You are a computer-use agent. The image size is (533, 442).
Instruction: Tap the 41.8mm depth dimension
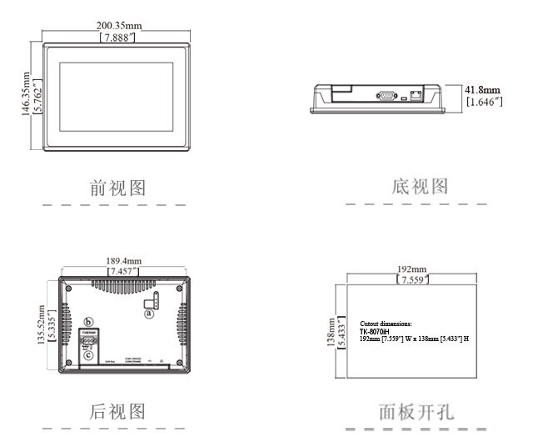tap(483, 89)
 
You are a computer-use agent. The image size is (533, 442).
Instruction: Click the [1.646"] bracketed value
tap(483, 102)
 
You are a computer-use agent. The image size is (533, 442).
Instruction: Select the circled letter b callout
tap(88, 321)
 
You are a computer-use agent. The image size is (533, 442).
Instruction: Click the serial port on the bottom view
tap(387, 96)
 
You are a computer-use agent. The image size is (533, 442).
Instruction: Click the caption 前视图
tap(117, 188)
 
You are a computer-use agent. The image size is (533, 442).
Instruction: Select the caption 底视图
tap(420, 186)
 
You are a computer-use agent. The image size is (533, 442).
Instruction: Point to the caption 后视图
tap(117, 411)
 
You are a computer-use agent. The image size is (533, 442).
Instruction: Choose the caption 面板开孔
tap(416, 412)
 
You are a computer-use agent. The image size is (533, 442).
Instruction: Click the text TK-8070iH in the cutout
tap(379, 331)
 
